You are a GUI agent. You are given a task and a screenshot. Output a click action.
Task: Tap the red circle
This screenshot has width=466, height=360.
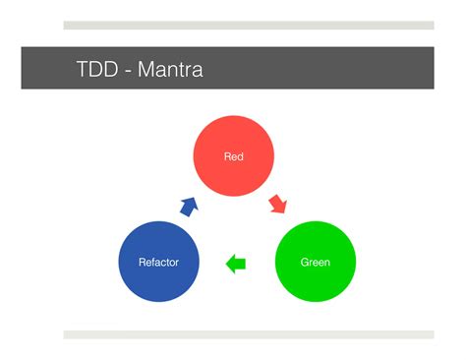(x=233, y=156)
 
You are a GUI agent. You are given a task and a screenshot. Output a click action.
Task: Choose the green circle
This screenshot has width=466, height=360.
(x=315, y=263)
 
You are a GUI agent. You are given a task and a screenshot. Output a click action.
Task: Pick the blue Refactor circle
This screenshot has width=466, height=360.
(x=158, y=263)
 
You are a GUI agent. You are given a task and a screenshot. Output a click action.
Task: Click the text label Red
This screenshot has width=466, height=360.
(x=233, y=156)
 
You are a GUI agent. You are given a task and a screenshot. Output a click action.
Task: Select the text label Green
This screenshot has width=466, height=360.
(x=315, y=263)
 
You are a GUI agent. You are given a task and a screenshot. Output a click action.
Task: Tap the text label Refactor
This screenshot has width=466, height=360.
(x=158, y=263)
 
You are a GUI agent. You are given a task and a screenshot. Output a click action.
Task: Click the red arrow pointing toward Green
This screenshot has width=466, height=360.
(x=278, y=204)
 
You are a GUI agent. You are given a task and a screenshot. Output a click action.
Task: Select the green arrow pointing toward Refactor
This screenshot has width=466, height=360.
(x=236, y=264)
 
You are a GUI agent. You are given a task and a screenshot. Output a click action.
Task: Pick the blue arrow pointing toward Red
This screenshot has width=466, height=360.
(x=188, y=206)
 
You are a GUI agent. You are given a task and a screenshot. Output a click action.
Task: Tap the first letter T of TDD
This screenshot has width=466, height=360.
(x=83, y=70)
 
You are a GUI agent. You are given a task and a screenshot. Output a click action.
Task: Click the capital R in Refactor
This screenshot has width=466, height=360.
(x=142, y=263)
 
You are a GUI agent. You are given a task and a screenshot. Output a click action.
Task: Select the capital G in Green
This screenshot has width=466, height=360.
(x=305, y=263)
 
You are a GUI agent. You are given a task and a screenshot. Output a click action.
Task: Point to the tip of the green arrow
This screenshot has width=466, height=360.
(x=227, y=264)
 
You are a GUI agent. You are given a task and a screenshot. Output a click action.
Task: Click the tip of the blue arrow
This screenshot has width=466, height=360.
(x=195, y=199)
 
